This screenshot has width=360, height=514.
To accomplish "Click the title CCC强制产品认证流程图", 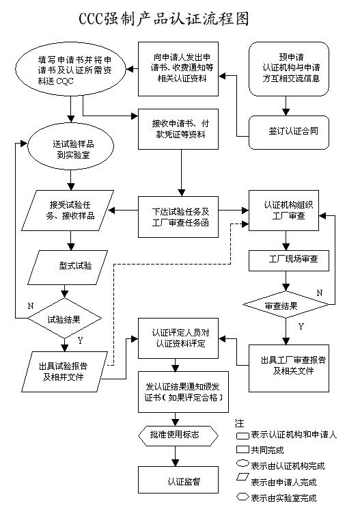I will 180,16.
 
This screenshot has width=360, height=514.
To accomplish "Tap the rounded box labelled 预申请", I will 289,70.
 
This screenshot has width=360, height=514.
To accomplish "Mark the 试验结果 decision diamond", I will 66,319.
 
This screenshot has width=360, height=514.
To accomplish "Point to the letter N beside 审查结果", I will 319,293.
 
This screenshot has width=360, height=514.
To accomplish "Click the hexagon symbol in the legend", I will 242,497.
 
